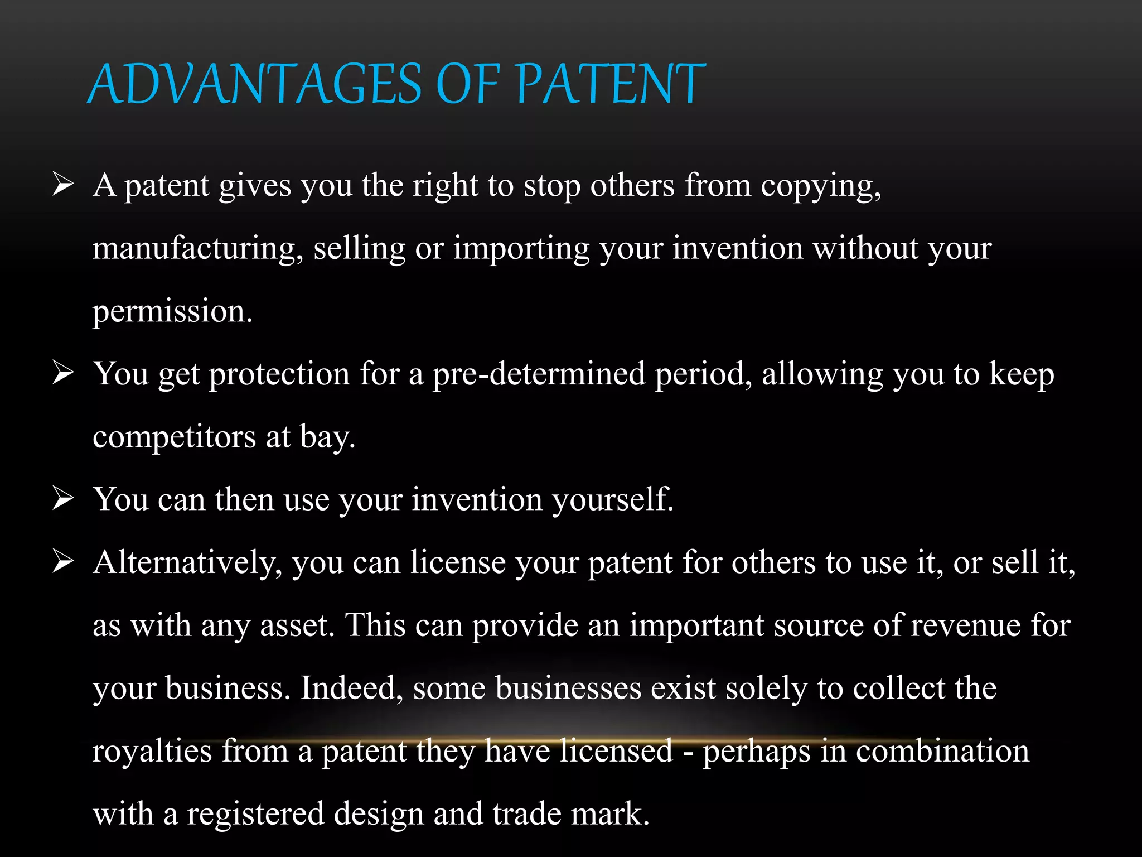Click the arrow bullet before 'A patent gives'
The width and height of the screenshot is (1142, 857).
point(63,184)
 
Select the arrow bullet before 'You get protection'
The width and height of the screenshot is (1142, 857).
point(63,373)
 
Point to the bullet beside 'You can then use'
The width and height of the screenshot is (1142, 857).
point(63,498)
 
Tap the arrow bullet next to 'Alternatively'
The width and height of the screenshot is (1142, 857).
point(63,561)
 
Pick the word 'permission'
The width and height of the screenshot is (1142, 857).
point(172,312)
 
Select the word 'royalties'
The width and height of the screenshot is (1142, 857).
point(152,751)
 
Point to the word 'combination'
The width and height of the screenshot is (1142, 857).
point(942,751)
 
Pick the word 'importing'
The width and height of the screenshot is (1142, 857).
point(521,249)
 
